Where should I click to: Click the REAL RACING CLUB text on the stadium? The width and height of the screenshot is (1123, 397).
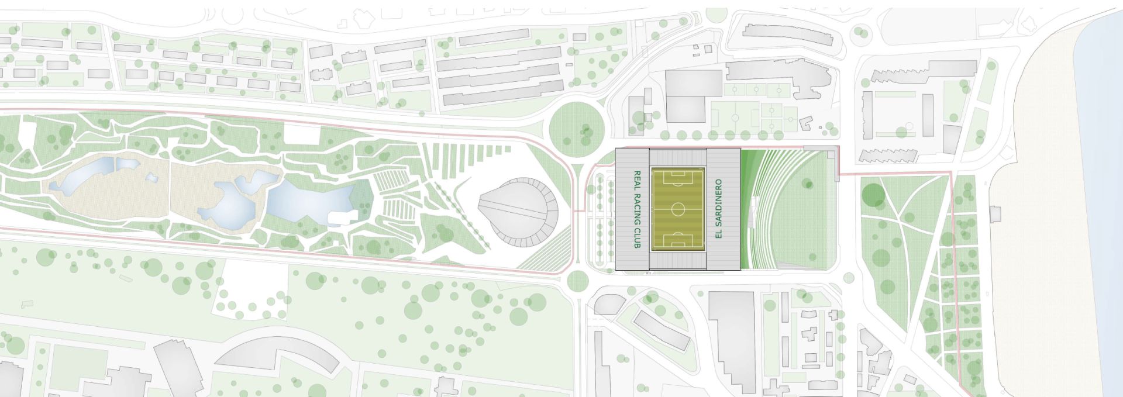(638, 209)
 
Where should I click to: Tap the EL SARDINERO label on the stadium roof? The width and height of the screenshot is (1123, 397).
(719, 209)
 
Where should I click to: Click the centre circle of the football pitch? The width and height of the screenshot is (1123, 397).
(678, 209)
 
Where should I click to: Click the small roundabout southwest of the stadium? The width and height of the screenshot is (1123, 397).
(577, 281)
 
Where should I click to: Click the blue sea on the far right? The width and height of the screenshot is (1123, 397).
(1103, 205)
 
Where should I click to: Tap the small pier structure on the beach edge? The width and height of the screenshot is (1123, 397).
(994, 214)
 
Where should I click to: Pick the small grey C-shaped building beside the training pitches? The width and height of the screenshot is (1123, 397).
(806, 123)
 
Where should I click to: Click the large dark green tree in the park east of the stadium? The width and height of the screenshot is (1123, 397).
(874, 195)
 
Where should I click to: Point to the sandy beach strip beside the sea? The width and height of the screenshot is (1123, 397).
(1047, 234)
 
